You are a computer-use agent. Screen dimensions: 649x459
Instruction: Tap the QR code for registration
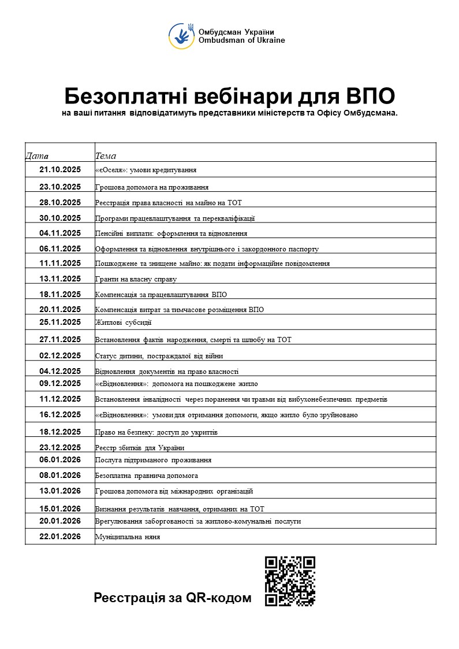[290, 581]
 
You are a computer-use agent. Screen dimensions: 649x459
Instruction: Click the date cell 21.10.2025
[60, 170]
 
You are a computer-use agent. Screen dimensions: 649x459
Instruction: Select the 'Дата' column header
[38, 156]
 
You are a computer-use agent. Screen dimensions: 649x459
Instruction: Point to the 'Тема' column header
[106, 156]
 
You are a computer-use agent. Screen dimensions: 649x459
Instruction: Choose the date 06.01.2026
[60, 459]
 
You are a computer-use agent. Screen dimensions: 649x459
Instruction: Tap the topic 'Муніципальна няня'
[128, 537]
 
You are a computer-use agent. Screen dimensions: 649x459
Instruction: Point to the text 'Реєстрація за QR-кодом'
[173, 598]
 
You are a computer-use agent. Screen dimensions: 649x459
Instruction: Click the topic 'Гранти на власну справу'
[136, 279]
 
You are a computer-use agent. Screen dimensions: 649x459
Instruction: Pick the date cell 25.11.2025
[60, 322]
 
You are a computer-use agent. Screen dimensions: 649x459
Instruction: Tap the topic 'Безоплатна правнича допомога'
[147, 476]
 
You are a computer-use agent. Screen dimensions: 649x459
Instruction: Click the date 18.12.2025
[60, 432]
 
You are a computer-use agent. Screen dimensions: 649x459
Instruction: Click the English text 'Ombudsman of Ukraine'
[241, 40]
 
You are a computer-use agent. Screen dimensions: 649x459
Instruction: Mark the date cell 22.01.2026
[60, 536]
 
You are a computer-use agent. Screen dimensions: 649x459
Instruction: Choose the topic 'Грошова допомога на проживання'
[152, 187]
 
